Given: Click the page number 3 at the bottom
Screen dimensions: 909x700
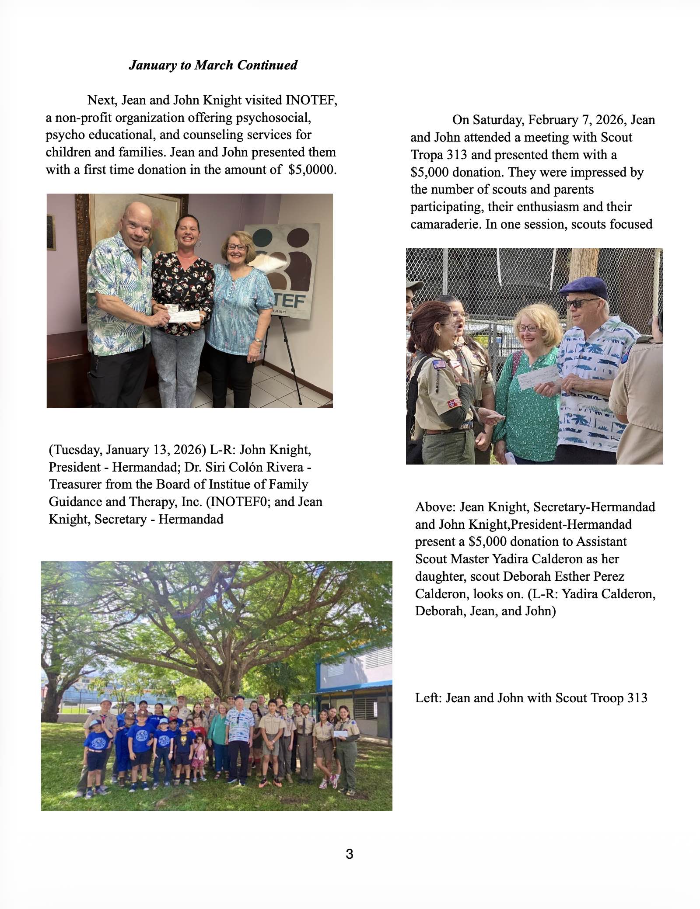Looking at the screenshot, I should (x=349, y=853).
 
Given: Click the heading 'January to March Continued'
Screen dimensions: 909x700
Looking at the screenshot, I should (x=213, y=65).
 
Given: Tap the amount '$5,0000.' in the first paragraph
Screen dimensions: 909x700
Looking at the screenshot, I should (x=312, y=170).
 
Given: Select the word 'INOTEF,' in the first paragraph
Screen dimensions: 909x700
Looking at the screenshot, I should (x=311, y=100).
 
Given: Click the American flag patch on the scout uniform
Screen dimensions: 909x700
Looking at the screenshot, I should (x=438, y=364).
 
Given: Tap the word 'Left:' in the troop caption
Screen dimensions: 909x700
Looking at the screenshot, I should (x=428, y=697).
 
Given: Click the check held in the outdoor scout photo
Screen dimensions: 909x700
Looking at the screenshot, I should (x=538, y=376).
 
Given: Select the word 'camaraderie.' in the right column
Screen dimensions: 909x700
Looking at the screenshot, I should (x=446, y=224).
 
